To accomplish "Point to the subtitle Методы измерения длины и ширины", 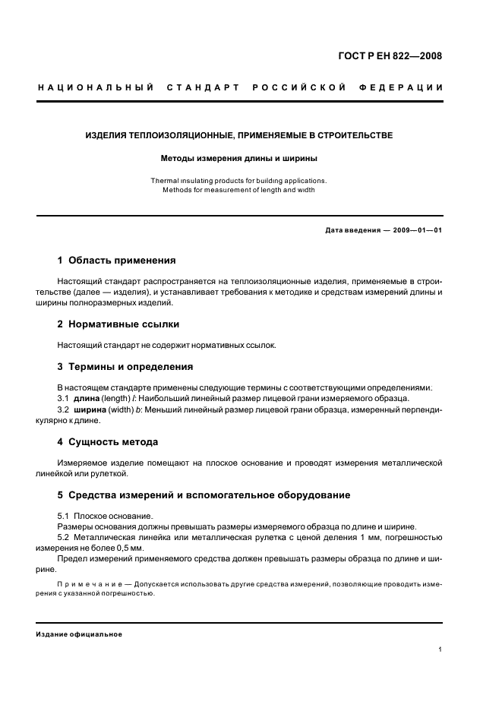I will click(238, 160).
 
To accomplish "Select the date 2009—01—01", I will click(416, 230).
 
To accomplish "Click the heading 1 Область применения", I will click(116, 260).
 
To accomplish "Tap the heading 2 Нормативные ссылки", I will click(118, 324).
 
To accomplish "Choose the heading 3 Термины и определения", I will click(125, 367).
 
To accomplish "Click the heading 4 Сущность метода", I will click(108, 441).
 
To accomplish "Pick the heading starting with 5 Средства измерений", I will click(204, 495).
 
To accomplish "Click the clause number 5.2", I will click(64, 538).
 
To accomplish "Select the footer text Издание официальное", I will click(79, 634).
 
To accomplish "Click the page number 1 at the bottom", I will click(440, 649).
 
